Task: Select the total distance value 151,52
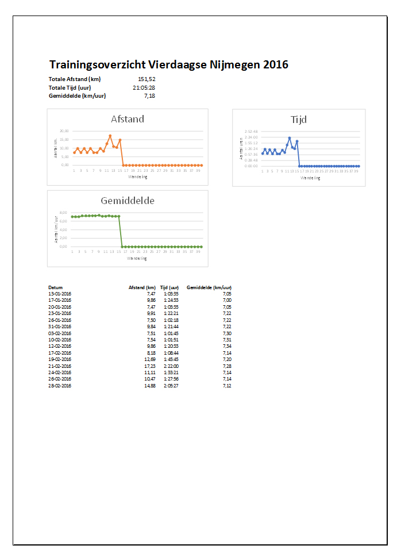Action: pyautogui.click(x=146, y=79)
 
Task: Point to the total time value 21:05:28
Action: pyautogui.click(x=144, y=87)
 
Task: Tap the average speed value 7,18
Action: pyautogui.click(x=149, y=95)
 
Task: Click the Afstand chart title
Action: pyautogui.click(x=128, y=120)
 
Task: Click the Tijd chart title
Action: pyautogui.click(x=299, y=120)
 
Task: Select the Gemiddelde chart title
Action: pyautogui.click(x=128, y=201)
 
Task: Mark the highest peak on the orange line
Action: pyautogui.click(x=110, y=136)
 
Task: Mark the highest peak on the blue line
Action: pyautogui.click(x=290, y=138)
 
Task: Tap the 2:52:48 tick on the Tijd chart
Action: pyautogui.click(x=250, y=132)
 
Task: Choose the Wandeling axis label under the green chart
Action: pyautogui.click(x=137, y=258)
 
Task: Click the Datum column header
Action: pyautogui.click(x=56, y=287)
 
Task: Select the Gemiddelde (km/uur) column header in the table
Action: pyautogui.click(x=209, y=287)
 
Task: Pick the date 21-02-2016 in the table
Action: pyautogui.click(x=60, y=366)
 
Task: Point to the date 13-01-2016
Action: pyautogui.click(x=60, y=294)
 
